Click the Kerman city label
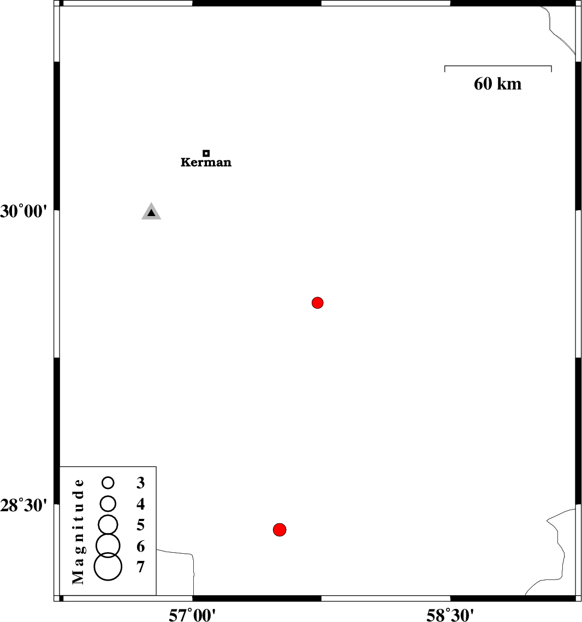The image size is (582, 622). [206, 163]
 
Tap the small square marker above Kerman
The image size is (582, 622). [206, 153]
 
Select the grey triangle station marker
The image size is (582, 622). [151, 212]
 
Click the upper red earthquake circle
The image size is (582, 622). [318, 303]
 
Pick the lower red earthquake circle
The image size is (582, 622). [280, 529]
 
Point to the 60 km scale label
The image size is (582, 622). [497, 84]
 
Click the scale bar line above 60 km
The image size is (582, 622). [498, 67]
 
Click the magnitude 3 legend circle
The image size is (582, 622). [108, 482]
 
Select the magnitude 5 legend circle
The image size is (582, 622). [108, 524]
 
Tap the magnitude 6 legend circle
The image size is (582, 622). [108, 545]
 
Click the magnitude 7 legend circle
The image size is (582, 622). [108, 566]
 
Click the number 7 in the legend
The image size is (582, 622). [141, 567]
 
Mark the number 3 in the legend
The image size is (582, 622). [141, 483]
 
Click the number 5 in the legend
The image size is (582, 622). [141, 525]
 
